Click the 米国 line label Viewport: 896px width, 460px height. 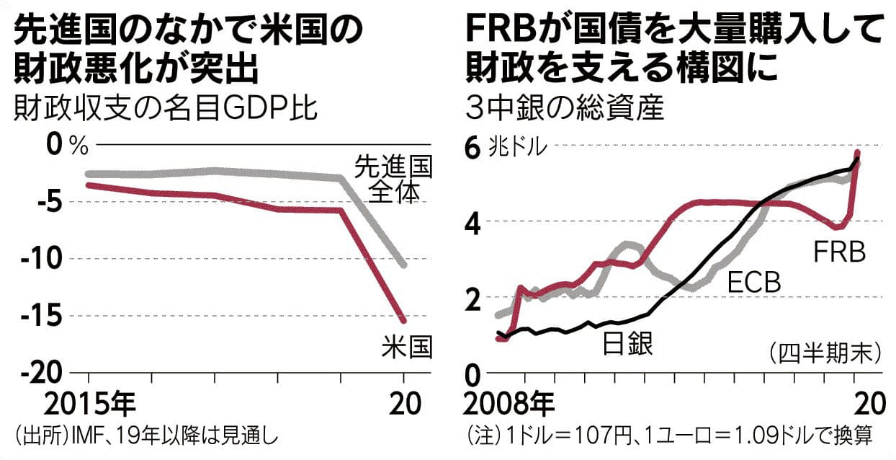[x=406, y=349]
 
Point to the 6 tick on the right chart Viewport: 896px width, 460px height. [x=472, y=147]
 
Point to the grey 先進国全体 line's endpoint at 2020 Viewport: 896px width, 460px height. [x=403, y=265]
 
